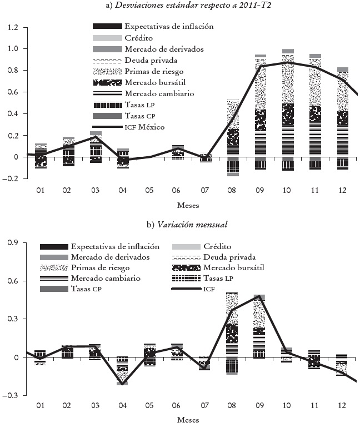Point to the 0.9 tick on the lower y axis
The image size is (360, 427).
[x=12, y=243]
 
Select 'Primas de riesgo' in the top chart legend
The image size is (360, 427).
[x=154, y=71]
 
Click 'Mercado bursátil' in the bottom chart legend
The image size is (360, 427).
[x=264, y=267]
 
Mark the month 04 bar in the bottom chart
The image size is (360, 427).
[x=122, y=370]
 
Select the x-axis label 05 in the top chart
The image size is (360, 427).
[x=149, y=190]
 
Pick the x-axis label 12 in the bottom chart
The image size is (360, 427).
[x=342, y=406]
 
